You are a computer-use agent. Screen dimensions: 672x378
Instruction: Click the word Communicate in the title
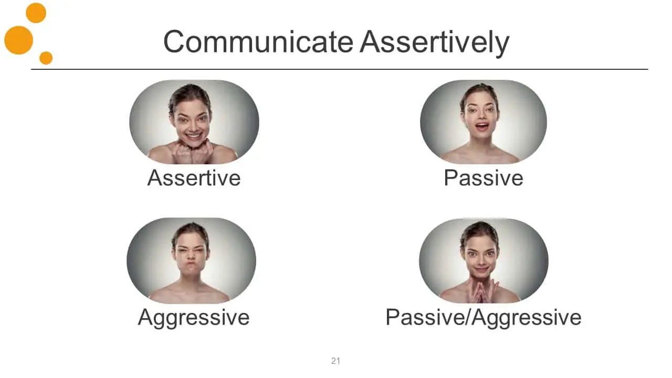[258, 41]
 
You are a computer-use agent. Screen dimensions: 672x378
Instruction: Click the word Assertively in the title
[435, 43]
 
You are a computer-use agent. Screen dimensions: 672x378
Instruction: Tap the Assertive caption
[194, 178]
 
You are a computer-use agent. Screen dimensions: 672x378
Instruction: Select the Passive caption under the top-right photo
[484, 178]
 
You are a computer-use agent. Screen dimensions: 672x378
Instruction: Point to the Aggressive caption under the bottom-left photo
[194, 318]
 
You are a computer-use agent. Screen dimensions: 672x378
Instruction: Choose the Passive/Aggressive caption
[484, 318]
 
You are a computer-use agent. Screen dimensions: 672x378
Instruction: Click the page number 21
[335, 361]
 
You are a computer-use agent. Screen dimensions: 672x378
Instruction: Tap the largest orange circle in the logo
[18, 40]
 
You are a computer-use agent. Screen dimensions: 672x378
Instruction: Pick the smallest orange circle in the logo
[46, 58]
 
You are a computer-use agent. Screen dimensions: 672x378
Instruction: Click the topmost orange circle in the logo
[36, 13]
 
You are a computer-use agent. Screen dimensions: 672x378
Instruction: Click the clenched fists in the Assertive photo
[193, 152]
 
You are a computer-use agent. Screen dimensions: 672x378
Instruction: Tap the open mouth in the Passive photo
[482, 127]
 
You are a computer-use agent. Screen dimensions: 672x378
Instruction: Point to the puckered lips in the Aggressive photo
[191, 266]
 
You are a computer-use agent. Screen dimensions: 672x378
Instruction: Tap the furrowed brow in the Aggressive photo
[191, 247]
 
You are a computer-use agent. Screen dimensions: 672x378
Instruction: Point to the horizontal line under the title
[339, 69]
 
